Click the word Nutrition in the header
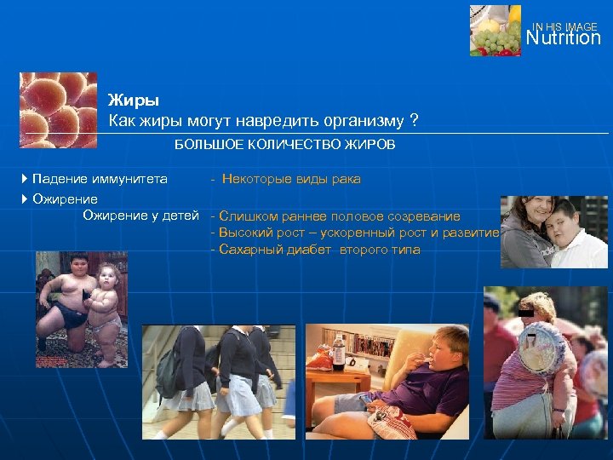point(563,38)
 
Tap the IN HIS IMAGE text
point(564,26)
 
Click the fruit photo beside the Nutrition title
point(495,31)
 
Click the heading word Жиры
point(127,101)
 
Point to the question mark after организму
point(413,119)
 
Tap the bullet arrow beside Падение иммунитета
point(25,179)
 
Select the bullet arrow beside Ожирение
point(25,198)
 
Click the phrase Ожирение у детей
point(140,216)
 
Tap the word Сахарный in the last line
point(247,250)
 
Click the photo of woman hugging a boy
point(553,233)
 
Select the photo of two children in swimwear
point(82,309)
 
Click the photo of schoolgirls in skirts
point(219,381)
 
